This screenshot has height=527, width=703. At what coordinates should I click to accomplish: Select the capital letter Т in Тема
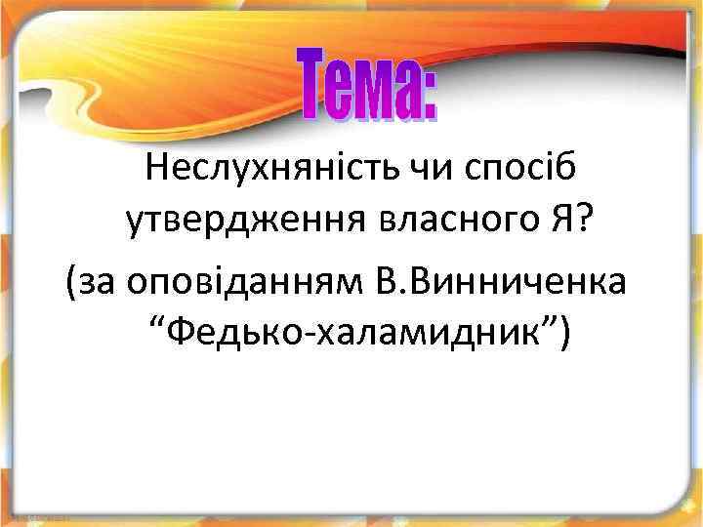[x=313, y=87]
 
